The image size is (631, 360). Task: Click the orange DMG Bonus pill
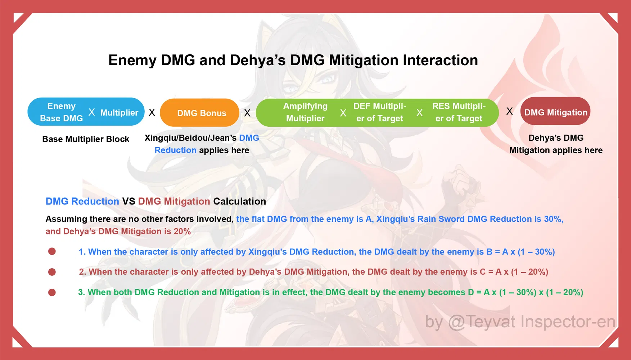coord(200,113)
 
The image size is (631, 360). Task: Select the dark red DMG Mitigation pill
coord(555,111)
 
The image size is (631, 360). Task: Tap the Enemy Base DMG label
coord(62,112)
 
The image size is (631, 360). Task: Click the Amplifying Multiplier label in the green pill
coord(305,112)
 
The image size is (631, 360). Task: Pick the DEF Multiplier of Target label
coord(380,112)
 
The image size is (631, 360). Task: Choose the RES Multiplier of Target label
coord(459,112)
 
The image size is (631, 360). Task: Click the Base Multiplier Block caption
coord(86,139)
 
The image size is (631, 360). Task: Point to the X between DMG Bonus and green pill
coord(247,113)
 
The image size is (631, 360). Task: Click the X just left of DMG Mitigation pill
coord(510,111)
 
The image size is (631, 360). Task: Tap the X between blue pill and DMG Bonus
coord(152,113)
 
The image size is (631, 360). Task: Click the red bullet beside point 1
coord(52,251)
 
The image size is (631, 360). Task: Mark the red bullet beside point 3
coord(52,292)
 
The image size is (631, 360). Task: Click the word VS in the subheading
coord(129,201)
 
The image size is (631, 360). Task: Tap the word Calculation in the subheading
coord(240,201)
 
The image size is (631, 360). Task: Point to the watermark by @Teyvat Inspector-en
coord(520,322)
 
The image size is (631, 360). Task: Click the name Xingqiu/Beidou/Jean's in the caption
coord(190,138)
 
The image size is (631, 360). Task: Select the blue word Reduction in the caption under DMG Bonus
coord(175,150)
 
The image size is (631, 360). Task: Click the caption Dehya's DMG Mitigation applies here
coord(556,144)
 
